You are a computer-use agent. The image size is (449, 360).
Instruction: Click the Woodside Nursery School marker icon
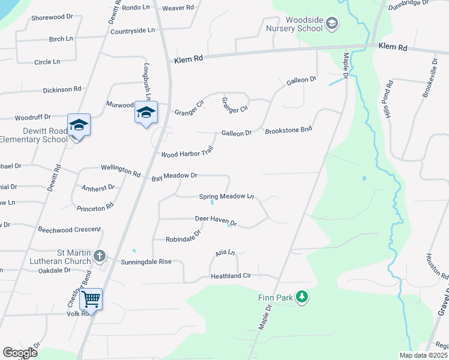[x=331, y=24]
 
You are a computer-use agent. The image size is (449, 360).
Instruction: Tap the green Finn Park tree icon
[x=303, y=296]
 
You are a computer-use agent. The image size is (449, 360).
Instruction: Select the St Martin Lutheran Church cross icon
[x=100, y=257]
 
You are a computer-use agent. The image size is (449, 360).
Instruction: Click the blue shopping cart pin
[x=91, y=298]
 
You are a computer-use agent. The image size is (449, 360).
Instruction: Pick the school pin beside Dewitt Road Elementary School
[x=79, y=125]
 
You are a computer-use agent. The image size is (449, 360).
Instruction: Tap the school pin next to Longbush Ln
[x=146, y=112]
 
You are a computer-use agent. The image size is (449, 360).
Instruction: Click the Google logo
[x=20, y=353]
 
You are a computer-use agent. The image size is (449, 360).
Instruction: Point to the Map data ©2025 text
[x=423, y=355]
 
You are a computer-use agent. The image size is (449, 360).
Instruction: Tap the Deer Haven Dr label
[x=216, y=221]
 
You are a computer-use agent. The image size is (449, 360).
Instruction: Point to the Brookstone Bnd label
[x=289, y=130]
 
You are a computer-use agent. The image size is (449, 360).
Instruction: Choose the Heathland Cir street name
[x=234, y=276]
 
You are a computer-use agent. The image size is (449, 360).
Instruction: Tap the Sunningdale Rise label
[x=146, y=262]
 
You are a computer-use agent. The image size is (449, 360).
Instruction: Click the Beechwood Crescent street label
[x=70, y=230]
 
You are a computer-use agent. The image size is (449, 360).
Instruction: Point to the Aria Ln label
[x=223, y=253]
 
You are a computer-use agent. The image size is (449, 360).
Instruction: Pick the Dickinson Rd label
[x=62, y=89]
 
